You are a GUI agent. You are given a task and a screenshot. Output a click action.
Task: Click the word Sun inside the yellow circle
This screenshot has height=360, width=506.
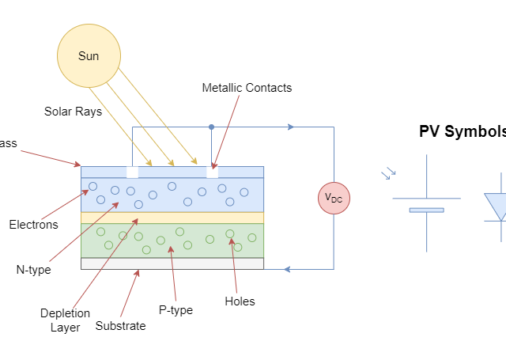tap(89, 56)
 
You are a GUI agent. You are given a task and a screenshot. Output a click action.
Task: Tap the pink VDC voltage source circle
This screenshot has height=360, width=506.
tap(334, 199)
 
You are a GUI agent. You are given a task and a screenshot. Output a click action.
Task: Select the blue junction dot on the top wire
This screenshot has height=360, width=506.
tap(211, 127)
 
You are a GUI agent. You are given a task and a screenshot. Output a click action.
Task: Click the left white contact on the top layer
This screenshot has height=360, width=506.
tap(132, 172)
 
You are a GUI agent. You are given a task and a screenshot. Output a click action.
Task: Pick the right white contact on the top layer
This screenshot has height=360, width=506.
tap(212, 172)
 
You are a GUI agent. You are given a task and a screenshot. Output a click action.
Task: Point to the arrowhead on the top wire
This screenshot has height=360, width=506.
tap(291, 127)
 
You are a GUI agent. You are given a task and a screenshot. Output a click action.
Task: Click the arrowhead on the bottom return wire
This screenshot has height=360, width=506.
tap(286, 269)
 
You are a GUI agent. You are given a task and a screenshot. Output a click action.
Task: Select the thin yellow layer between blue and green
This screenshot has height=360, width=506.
tap(172, 218)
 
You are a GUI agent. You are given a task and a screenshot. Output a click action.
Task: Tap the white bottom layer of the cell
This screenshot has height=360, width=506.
tap(172, 263)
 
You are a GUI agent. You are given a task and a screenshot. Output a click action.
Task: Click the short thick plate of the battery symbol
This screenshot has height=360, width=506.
tap(426, 210)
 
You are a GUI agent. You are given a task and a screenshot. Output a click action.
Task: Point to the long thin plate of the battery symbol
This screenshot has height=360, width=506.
tap(426, 198)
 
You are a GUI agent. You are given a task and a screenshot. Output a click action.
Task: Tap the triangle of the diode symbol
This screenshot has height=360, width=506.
tap(497, 207)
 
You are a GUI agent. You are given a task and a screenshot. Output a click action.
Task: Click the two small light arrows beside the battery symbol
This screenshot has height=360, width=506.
tap(388, 172)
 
